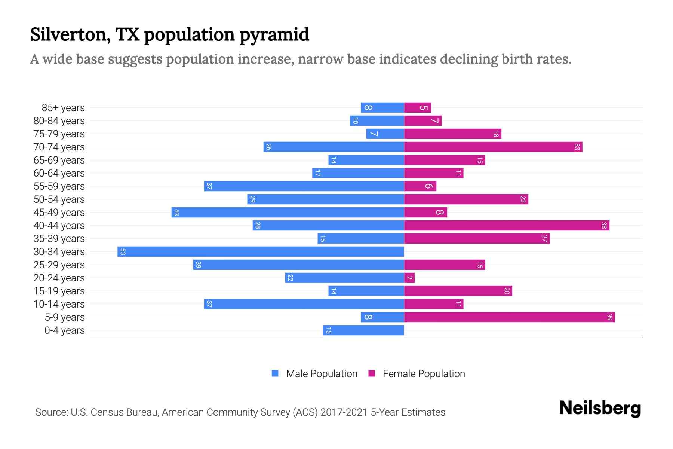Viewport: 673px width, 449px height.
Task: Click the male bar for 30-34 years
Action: click(261, 251)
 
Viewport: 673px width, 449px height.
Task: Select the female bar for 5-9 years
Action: click(509, 317)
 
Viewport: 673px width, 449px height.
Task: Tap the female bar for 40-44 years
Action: click(507, 226)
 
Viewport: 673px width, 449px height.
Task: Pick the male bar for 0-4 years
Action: click(363, 330)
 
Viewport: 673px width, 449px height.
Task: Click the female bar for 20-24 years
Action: click(409, 278)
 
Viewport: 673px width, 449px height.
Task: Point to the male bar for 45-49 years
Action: click(288, 213)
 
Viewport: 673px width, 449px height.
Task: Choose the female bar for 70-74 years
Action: click(493, 147)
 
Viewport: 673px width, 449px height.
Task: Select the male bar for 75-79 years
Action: click(385, 134)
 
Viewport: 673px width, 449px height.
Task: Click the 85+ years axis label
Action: click(63, 108)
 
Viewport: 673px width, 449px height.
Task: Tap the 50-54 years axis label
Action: click(59, 199)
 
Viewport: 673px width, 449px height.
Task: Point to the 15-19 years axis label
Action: click(59, 291)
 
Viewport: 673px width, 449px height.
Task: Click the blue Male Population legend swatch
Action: click(275, 373)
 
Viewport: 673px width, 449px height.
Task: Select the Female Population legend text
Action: click(424, 374)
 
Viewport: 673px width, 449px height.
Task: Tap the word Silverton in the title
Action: click(70, 34)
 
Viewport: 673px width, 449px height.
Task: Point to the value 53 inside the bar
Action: click(123, 252)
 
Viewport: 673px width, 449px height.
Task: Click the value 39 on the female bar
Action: click(609, 317)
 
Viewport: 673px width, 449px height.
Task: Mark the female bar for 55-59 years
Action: click(420, 186)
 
